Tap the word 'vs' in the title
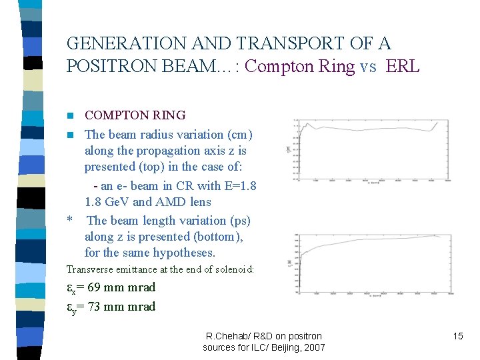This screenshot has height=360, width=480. point(368,67)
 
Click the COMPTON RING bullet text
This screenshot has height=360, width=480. point(135,115)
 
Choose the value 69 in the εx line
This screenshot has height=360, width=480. point(92,287)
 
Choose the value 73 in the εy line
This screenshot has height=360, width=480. point(92,307)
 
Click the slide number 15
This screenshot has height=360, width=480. point(457,336)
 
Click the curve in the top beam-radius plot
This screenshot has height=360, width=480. point(367,129)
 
